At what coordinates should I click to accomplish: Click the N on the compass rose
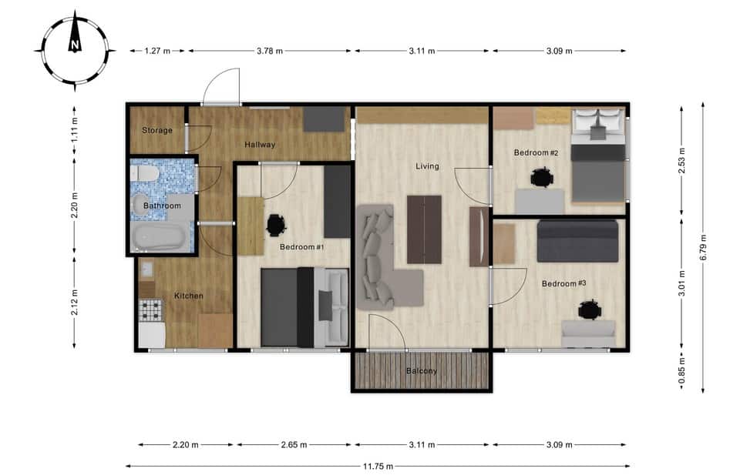tap(75, 45)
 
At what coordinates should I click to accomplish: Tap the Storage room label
tap(157, 131)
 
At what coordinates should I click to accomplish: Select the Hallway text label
tap(260, 145)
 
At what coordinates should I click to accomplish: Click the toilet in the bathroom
tap(146, 173)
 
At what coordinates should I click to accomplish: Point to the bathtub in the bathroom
tap(160, 236)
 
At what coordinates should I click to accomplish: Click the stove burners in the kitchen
tap(151, 309)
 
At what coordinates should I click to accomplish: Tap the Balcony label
tap(422, 371)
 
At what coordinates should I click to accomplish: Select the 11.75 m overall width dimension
tap(378, 467)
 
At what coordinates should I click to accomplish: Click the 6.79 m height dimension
tap(703, 247)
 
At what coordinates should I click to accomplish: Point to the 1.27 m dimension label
tap(157, 51)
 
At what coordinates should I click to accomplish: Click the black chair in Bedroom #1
tap(276, 225)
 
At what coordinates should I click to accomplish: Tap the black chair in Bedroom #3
tap(590, 310)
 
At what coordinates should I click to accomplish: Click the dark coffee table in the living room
tap(424, 229)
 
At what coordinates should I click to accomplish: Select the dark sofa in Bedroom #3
tap(577, 241)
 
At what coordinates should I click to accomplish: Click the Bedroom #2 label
tap(536, 152)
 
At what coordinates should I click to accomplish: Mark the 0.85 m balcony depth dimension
tap(681, 371)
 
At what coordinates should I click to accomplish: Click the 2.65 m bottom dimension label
tap(294, 444)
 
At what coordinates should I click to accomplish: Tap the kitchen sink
tap(146, 269)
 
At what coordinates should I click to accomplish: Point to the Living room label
tap(427, 166)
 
